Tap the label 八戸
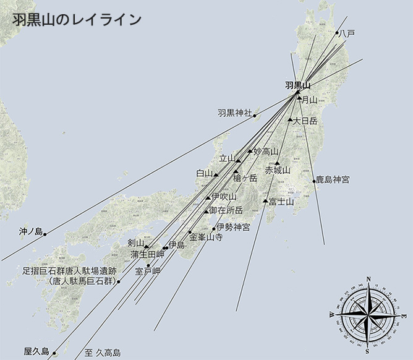point(347,33)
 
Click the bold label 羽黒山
point(297,85)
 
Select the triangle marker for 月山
point(300,98)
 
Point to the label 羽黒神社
point(234,113)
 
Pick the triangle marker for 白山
point(216,175)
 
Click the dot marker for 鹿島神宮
point(313,181)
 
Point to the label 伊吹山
point(224,197)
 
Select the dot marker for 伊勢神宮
point(214,229)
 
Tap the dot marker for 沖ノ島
point(45,234)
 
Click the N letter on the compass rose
point(369,280)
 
